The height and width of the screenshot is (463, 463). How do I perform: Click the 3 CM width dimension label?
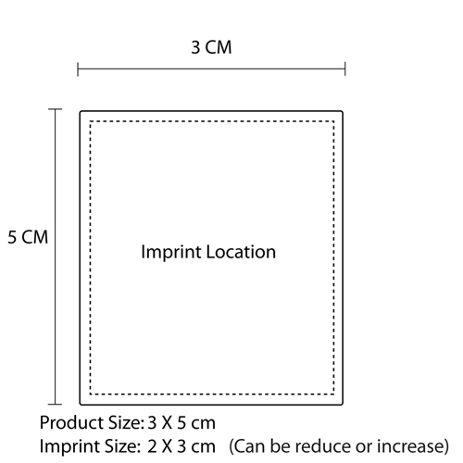pyautogui.click(x=211, y=47)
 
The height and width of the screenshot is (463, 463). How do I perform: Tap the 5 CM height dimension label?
pyautogui.click(x=28, y=237)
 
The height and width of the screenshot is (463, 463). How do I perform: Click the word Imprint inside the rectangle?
pyautogui.click(x=170, y=253)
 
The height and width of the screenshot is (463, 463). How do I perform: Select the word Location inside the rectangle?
pyautogui.click(x=241, y=252)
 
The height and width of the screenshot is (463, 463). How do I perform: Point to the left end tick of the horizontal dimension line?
pyautogui.click(x=78, y=69)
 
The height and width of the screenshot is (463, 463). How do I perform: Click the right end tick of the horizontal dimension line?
pyautogui.click(x=345, y=69)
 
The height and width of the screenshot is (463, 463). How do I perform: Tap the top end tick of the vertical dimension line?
pyautogui.click(x=56, y=109)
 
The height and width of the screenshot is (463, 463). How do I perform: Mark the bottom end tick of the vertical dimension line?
pyautogui.click(x=56, y=404)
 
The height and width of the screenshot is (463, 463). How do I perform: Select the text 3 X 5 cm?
pyautogui.click(x=181, y=423)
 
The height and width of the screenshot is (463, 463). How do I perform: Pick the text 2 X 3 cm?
pyautogui.click(x=181, y=446)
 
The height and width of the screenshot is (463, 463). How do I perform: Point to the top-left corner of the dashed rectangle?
pyautogui.click(x=91, y=121)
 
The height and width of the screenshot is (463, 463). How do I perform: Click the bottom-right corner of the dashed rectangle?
pyautogui.click(x=333, y=394)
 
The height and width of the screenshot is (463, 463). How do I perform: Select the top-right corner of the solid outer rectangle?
pyautogui.click(x=342, y=111)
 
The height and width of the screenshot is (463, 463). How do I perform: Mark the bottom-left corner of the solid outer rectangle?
pyautogui.click(x=81, y=404)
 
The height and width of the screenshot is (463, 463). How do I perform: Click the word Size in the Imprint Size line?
pyautogui.click(x=122, y=446)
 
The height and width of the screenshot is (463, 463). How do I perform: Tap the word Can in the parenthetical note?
pyautogui.click(x=248, y=446)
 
